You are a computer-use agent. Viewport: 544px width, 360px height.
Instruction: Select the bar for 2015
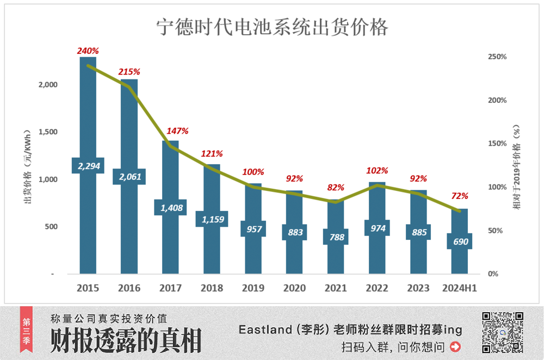coord(88,109)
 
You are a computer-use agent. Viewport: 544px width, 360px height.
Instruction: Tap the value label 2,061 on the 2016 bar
coord(129,176)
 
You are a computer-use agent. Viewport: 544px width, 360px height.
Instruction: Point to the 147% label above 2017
coord(177,131)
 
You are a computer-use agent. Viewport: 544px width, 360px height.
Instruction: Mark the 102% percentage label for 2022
coord(377,170)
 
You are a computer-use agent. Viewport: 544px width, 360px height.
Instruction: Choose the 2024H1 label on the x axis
coord(460,288)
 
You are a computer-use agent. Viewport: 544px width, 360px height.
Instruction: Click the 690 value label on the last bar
coord(460,241)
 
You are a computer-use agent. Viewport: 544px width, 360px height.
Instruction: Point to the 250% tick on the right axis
coord(498,57)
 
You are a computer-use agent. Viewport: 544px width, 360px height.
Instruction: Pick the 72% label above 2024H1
coord(460,196)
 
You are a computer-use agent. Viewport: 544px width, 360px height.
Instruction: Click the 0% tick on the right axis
coord(493,274)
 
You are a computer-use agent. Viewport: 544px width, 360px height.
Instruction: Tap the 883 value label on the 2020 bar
coord(294,232)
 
